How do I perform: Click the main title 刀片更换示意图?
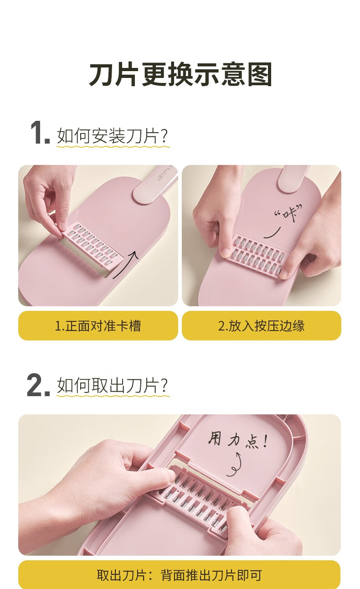[x=180, y=74]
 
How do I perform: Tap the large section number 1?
[x=40, y=133]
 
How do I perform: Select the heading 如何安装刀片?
[x=112, y=136]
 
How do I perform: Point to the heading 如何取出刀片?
[x=112, y=386]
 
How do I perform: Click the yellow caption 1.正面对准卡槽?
[x=98, y=326]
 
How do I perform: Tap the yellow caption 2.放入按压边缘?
[x=261, y=326]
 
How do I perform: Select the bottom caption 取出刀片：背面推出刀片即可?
[x=180, y=575]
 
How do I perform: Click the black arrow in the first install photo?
[x=126, y=264]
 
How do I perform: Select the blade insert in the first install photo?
[x=92, y=245]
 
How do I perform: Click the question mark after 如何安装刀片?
[x=164, y=136]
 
